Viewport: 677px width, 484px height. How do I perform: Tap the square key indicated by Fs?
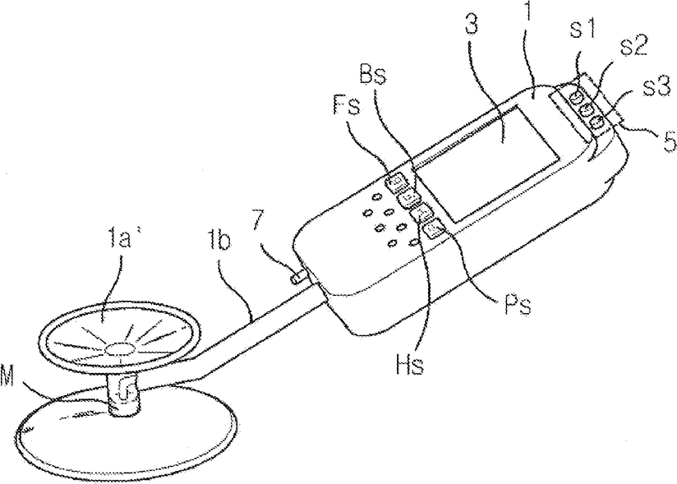coord(396,181)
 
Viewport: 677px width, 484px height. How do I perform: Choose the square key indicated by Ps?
coord(435,228)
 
